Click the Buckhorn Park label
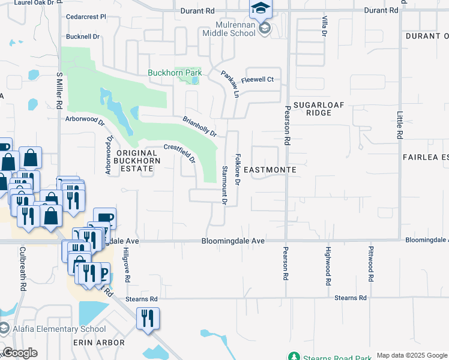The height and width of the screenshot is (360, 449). pyautogui.click(x=175, y=73)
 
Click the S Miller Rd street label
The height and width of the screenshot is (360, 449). pyautogui.click(x=59, y=90)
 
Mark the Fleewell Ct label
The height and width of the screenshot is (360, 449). pyautogui.click(x=258, y=79)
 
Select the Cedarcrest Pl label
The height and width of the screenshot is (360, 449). pyautogui.click(x=86, y=17)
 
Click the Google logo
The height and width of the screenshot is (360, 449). pyautogui.click(x=20, y=353)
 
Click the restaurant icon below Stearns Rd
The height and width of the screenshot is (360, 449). pyautogui.click(x=147, y=317)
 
